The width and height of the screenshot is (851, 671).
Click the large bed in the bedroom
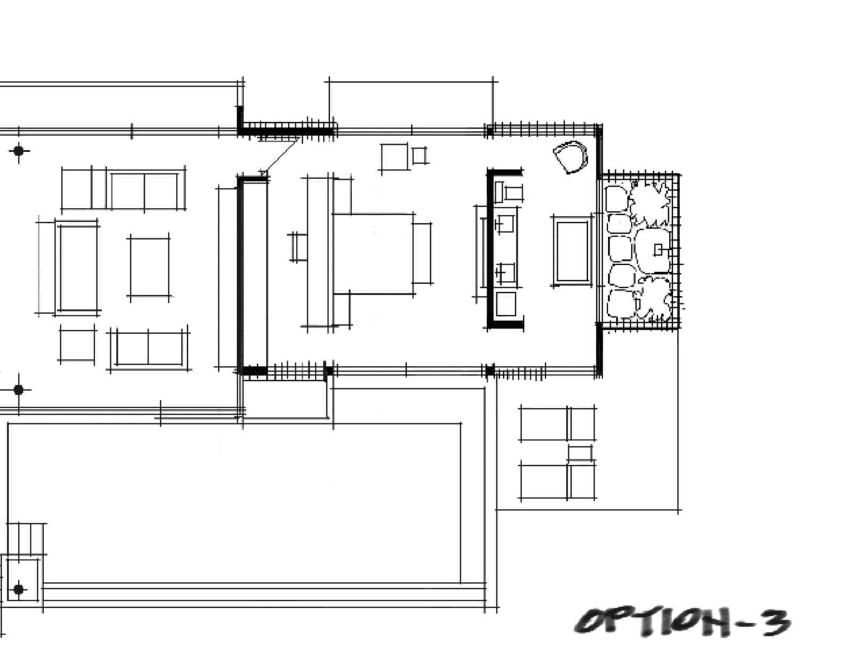373,254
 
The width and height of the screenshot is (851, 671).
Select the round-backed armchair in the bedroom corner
570,157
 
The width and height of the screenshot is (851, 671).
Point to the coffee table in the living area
150,267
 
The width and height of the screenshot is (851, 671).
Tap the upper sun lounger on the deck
557,424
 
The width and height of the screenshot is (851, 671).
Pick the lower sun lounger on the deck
557,481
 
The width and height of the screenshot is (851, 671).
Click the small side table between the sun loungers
580,453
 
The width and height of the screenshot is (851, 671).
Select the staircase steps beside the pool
26,539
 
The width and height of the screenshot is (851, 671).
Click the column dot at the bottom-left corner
19,590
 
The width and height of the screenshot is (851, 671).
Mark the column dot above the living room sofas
19,150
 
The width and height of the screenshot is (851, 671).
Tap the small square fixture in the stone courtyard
658,250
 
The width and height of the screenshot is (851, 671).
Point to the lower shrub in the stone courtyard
653,298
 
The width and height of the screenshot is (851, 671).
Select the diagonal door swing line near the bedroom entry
280,156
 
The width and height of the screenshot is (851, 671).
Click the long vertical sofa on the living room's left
77,267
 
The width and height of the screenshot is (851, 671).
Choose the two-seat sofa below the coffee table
149,348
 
